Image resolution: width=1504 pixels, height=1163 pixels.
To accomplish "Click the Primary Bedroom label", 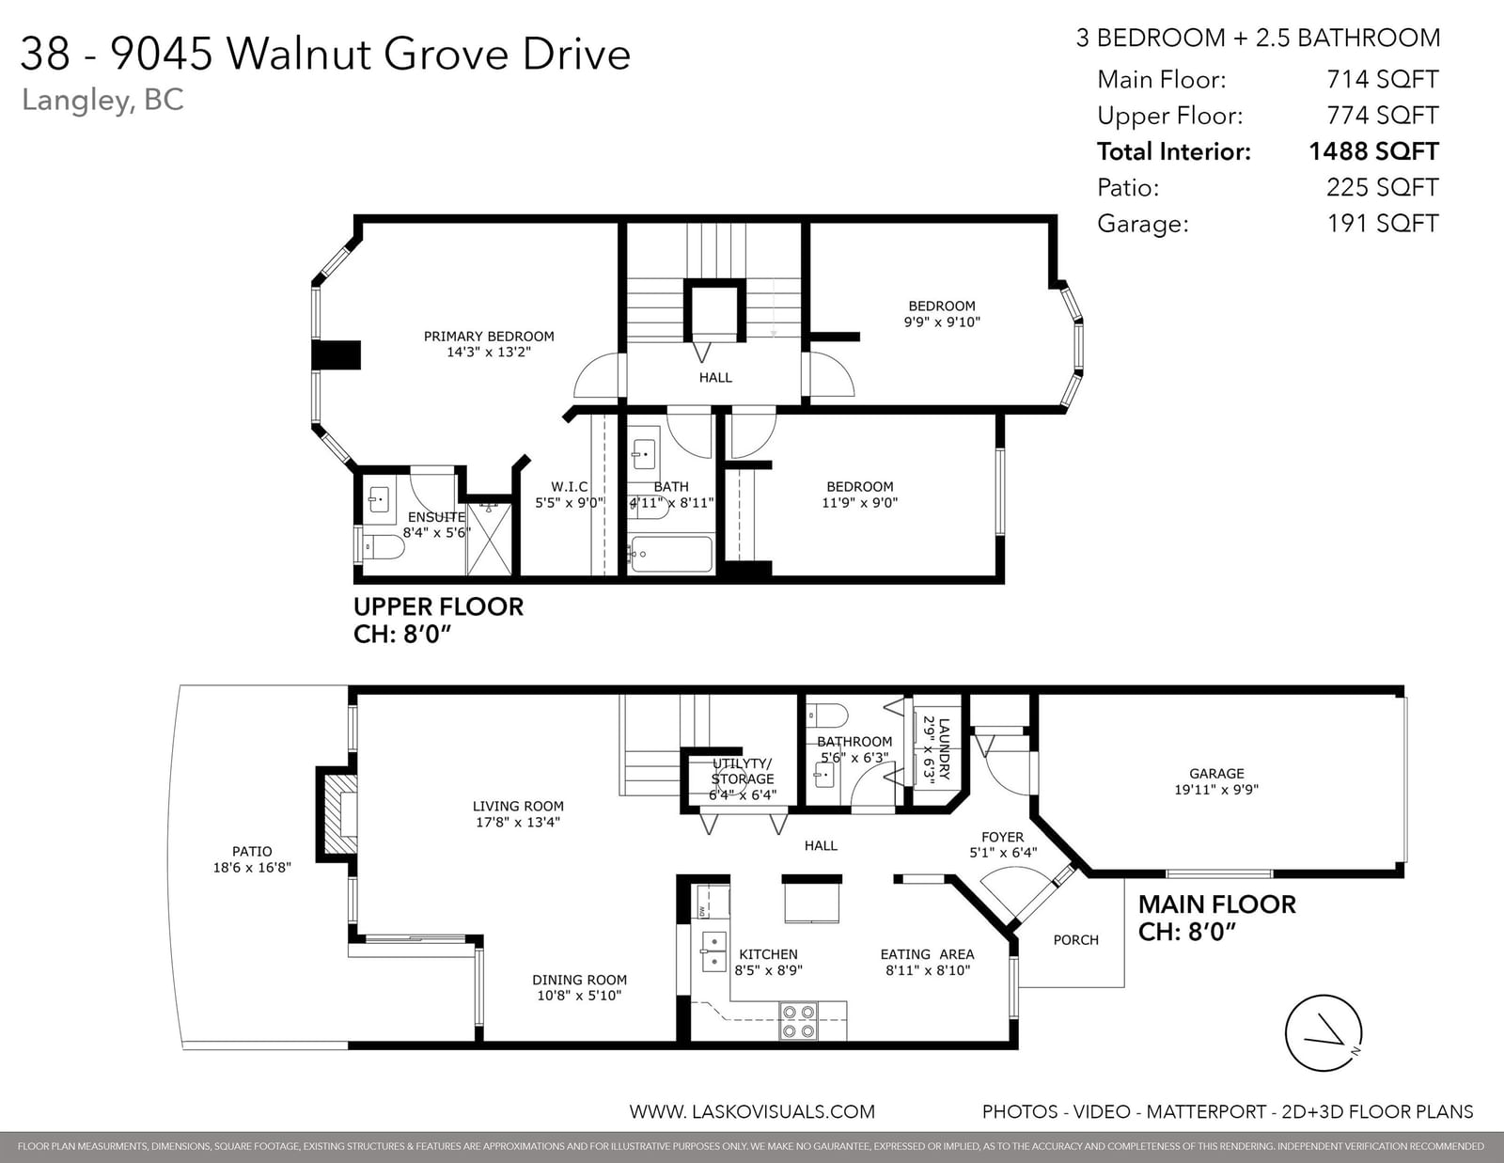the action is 489,337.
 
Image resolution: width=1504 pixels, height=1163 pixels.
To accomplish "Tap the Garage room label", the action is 1216,773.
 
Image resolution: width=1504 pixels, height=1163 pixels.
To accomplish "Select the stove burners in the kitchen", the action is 798,1021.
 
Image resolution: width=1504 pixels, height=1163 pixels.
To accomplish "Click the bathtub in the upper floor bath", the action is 670,554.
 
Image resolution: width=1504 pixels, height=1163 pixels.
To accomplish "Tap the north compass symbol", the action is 1324,1033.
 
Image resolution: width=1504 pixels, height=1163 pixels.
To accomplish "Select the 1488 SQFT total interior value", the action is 1373,151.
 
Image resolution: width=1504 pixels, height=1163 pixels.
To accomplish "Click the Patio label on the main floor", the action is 252,852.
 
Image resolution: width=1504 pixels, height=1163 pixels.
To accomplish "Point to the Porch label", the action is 1075,940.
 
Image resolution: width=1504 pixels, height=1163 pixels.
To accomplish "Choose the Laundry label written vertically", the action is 944,749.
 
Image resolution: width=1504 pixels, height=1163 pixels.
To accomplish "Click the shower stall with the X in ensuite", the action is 490,539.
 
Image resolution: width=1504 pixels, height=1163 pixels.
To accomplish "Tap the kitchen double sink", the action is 713,951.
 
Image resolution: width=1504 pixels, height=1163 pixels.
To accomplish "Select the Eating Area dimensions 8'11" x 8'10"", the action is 928,970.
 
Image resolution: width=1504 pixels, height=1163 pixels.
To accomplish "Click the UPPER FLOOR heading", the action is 438,607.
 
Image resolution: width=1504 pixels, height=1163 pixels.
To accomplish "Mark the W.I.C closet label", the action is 569,487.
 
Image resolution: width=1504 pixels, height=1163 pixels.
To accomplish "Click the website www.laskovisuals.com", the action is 752,1112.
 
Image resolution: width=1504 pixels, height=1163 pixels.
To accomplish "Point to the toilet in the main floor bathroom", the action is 827,715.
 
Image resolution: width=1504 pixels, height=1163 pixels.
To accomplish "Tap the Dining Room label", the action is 579,980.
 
